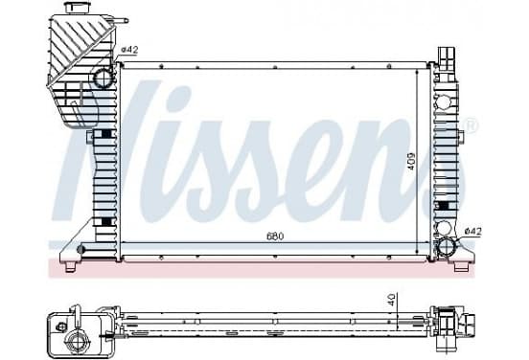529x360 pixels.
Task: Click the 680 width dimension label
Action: (x=275, y=236)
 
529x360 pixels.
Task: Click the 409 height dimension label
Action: (x=411, y=161)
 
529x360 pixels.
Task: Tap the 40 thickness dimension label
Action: (x=391, y=300)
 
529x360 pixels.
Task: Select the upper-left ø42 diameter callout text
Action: (x=129, y=50)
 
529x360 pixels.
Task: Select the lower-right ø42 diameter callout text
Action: (x=473, y=232)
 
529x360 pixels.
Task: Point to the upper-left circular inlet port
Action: (x=103, y=78)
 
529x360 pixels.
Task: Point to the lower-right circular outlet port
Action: (x=447, y=246)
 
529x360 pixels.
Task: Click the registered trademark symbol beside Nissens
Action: (x=471, y=124)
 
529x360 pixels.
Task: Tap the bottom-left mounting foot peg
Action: (x=70, y=267)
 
